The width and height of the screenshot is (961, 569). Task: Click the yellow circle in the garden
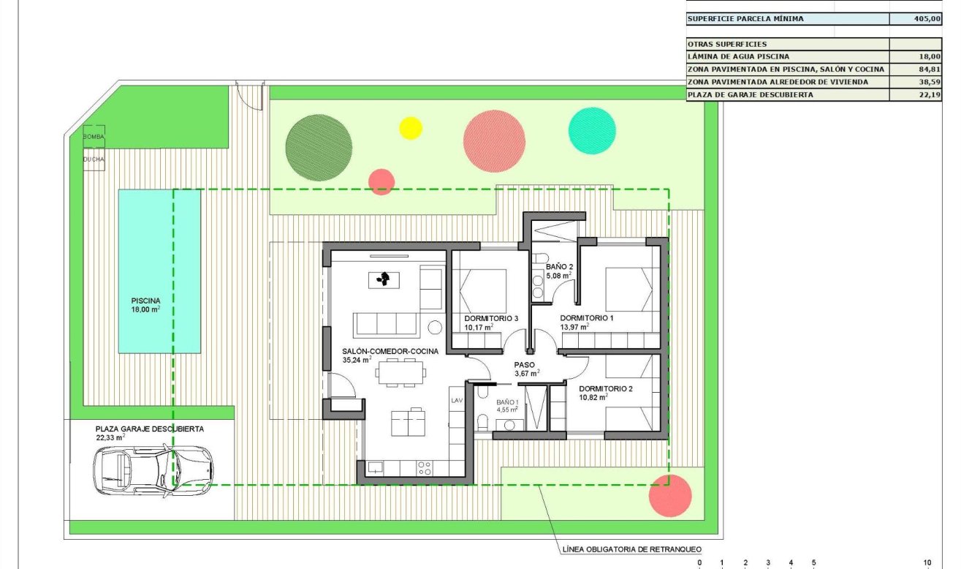411,128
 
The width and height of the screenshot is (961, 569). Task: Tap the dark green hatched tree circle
318,147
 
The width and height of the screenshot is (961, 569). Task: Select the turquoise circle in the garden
592,130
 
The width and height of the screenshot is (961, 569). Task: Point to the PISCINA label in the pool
145,300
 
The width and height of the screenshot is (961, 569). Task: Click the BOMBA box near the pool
94,137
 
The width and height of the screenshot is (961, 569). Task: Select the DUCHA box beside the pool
94,159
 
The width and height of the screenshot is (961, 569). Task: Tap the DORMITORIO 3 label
491,318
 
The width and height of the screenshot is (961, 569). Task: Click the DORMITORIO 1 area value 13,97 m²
574,327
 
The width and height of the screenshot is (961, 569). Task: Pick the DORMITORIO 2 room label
606,388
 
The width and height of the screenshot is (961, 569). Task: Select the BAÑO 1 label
507,402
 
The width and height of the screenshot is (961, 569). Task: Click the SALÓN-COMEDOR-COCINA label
390,351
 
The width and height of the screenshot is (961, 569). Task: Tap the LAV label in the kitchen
457,400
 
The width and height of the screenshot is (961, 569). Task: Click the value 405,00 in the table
927,19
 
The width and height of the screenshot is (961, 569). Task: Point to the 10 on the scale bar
927,562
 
